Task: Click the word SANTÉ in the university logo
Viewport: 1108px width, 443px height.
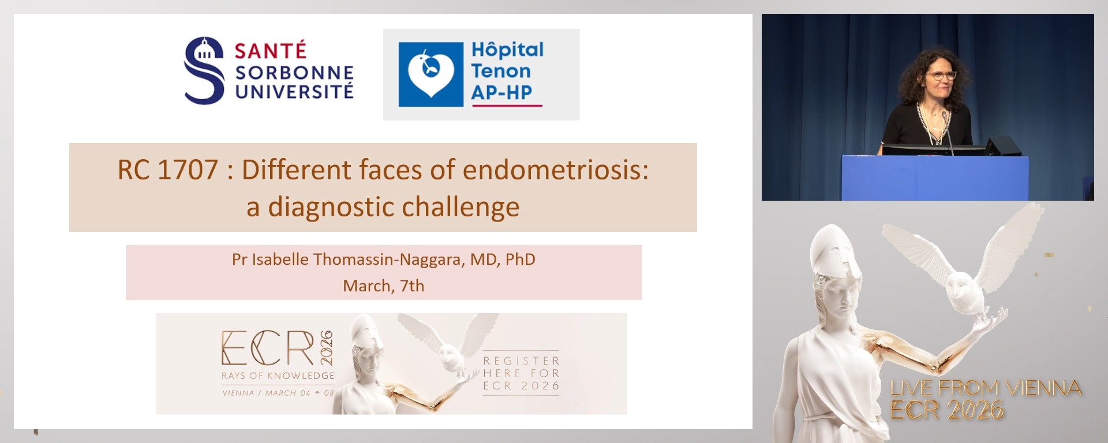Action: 270,51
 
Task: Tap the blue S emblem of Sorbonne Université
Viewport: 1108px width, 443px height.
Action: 204,70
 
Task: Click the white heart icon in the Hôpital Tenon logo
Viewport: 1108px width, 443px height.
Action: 431,74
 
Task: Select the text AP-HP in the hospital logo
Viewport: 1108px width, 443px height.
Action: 501,93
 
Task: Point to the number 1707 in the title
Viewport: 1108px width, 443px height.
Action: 188,170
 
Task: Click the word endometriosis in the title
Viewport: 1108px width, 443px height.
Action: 556,170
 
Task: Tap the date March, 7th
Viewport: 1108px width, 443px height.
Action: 384,286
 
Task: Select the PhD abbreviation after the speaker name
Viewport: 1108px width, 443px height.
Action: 521,260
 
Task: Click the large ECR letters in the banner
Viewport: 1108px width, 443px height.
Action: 268,348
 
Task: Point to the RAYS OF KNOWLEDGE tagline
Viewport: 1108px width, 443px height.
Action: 278,376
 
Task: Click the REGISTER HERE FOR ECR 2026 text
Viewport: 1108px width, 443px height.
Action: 522,373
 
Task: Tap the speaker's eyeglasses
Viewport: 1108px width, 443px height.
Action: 941,76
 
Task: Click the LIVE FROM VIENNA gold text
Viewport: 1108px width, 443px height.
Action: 986,388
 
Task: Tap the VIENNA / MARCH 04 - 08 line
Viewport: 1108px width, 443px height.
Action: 278,393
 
